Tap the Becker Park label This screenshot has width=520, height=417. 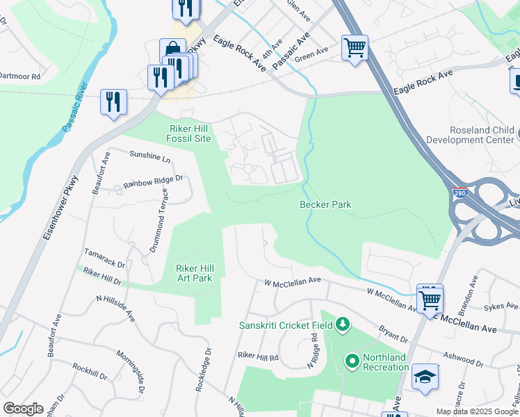(x=325, y=204)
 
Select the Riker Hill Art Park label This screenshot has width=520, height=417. (x=188, y=273)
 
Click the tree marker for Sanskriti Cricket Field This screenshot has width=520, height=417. (x=342, y=324)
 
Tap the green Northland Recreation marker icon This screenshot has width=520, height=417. (x=352, y=361)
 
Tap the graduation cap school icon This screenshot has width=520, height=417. (x=425, y=377)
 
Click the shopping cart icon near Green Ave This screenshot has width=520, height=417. (x=355, y=48)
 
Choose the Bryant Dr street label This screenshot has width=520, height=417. (x=393, y=334)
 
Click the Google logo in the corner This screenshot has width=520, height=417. (x=23, y=408)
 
